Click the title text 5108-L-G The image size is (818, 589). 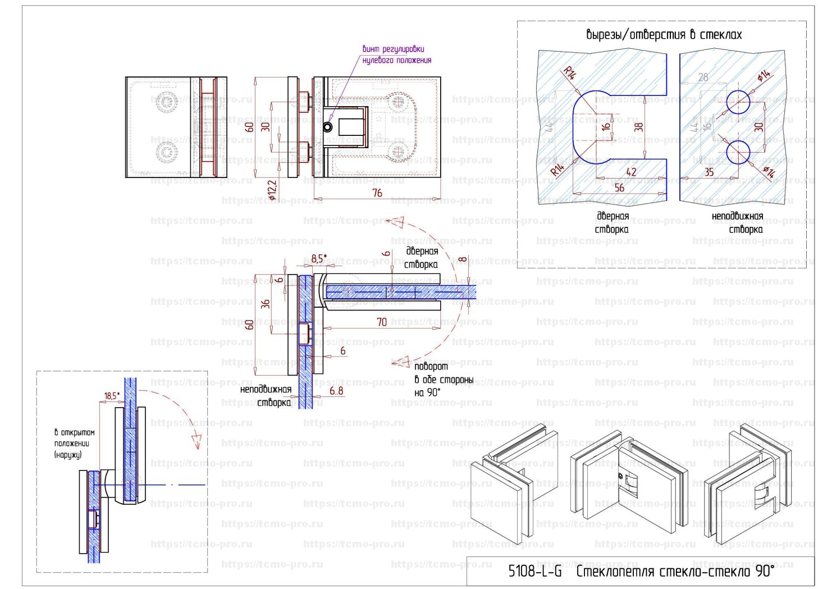tap(534, 572)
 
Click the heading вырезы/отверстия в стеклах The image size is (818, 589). tap(663, 35)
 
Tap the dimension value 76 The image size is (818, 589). tap(377, 193)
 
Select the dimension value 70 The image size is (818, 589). tap(382, 322)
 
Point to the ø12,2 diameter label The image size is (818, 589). tap(273, 190)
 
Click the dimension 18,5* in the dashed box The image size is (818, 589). tap(112, 396)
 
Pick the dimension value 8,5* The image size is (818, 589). tap(318, 259)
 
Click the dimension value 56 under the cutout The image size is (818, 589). tap(619, 188)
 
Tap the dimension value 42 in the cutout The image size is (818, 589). tap(631, 172)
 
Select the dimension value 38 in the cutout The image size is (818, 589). tap(639, 127)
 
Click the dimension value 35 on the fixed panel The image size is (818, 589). tap(709, 172)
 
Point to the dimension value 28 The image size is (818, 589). tap(703, 77)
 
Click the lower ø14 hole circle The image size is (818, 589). tap(738, 152)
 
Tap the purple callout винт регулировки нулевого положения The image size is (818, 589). tap(396, 54)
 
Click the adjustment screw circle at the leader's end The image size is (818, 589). tap(327, 127)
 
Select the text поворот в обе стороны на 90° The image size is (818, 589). tap(443, 380)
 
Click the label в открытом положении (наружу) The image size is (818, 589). tap(74, 444)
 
